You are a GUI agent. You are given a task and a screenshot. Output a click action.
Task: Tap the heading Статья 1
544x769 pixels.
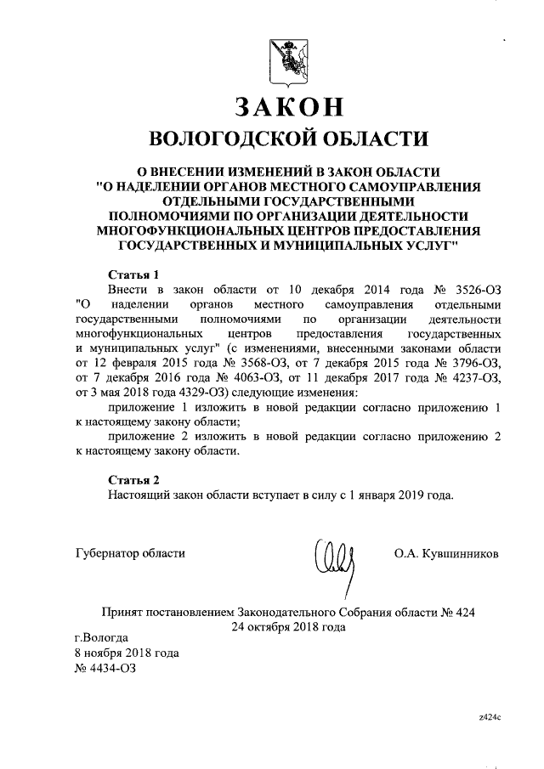click(134, 274)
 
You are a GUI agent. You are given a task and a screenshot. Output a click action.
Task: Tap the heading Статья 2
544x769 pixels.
click(134, 480)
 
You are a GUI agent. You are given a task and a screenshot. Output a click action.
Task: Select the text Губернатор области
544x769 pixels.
click(129, 554)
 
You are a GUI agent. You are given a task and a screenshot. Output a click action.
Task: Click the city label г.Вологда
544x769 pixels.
click(102, 637)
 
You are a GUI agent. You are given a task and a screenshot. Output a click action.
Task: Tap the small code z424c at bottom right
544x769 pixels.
click(490, 717)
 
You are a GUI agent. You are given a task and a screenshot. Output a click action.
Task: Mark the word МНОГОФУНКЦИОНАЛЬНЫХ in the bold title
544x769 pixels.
click(182, 230)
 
